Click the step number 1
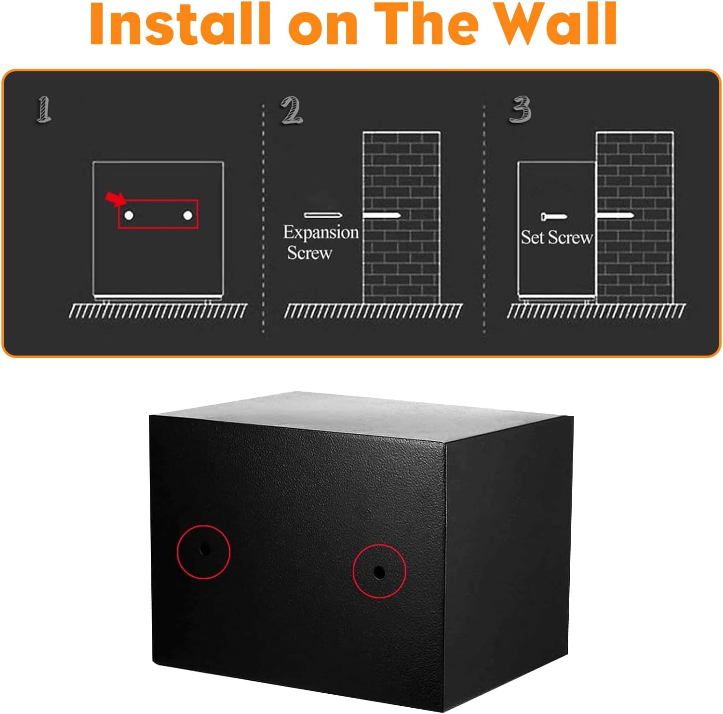[44, 109]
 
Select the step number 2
[292, 110]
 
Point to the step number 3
[521, 109]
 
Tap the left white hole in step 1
[129, 215]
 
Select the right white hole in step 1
[187, 215]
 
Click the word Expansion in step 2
[321, 233]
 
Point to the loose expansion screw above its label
[322, 215]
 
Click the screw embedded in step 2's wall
[381, 215]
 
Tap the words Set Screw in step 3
[556, 237]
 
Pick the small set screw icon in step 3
[554, 217]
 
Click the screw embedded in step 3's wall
[615, 215]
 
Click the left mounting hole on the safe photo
[205, 549]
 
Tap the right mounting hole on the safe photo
[379, 572]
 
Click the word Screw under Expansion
[309, 253]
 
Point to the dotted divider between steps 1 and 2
[263, 217]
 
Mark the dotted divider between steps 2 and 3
[484, 217]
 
